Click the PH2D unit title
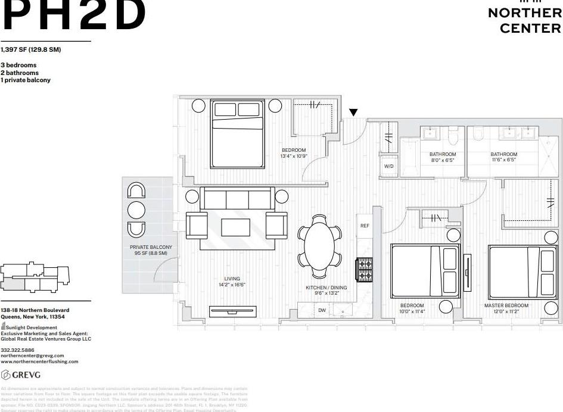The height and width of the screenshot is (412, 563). [74, 15]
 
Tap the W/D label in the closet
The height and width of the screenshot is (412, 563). [388, 167]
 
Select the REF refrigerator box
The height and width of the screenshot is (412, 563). [365, 226]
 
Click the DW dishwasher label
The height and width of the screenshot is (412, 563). [322, 310]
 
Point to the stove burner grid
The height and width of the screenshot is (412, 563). [364, 269]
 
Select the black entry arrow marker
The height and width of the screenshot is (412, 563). [353, 112]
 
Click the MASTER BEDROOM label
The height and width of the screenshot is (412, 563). [506, 305]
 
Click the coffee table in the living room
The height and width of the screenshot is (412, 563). [236, 227]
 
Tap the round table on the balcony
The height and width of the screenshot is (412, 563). [136, 210]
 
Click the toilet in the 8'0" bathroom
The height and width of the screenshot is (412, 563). [453, 136]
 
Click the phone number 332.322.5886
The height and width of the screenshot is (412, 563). [17, 350]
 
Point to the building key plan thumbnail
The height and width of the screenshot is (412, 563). [36, 277]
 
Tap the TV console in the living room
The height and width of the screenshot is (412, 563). [233, 311]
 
